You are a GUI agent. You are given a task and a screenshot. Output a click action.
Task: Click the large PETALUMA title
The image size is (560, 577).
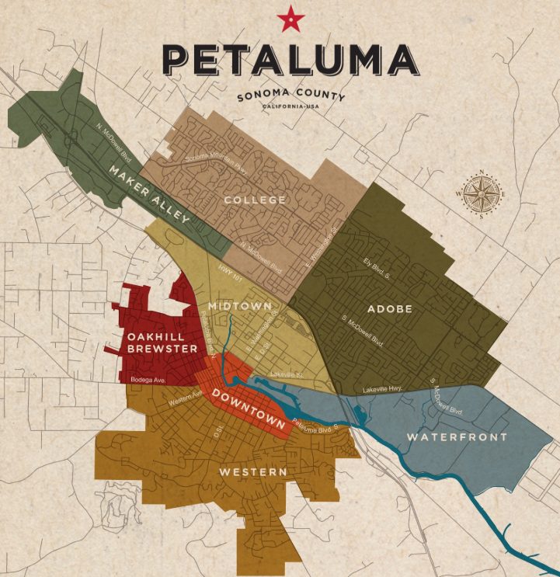[290, 61]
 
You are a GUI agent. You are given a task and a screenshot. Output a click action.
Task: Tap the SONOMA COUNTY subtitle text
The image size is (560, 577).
[290, 97]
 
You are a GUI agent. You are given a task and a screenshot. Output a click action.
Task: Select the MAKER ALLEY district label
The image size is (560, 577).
[149, 194]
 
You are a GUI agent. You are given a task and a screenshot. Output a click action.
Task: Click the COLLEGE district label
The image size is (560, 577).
[254, 200]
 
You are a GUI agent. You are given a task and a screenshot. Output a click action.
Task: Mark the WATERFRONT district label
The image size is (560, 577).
[457, 437]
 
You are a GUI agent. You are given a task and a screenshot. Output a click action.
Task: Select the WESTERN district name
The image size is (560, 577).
[252, 472]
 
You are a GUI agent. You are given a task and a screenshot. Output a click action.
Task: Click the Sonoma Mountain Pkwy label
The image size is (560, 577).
[219, 161]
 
